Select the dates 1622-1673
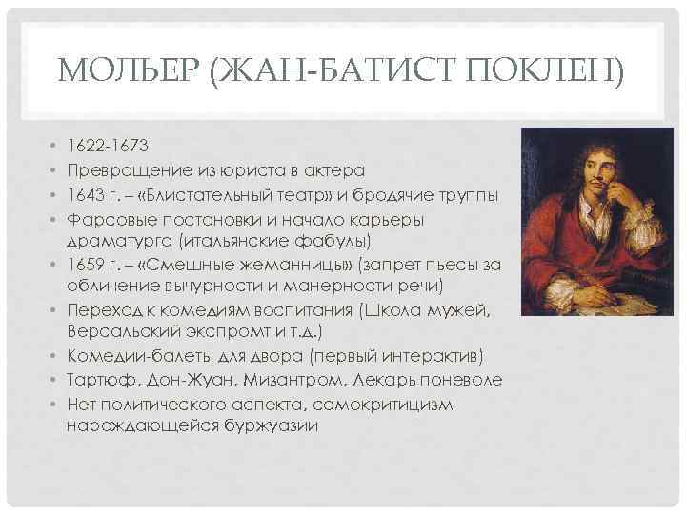click(x=107, y=148)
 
